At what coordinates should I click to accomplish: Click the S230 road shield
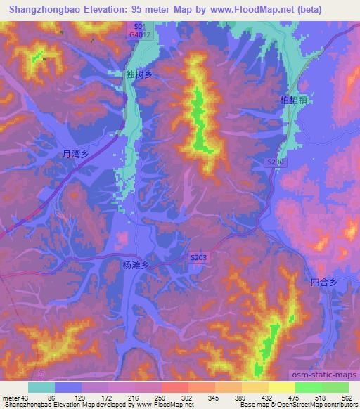pos(276,162)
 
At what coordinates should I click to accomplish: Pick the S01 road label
pos(140,25)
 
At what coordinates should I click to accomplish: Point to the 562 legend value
pos(347,398)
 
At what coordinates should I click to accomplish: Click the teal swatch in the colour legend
pos(41,387)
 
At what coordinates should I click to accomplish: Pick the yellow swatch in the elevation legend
pos(282,387)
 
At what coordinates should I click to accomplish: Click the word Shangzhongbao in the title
pos(40,9)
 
